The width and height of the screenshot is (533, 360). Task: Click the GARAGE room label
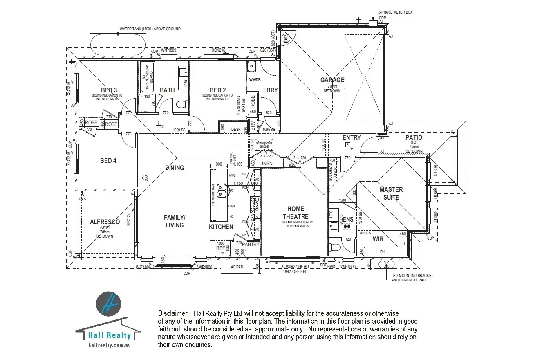pos(332,80)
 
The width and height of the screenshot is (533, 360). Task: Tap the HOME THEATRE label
pos(295,213)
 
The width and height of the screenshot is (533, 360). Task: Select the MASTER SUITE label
pos(391,193)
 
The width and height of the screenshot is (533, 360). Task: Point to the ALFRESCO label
pos(105,222)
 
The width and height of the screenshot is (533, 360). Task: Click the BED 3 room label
pos(109,90)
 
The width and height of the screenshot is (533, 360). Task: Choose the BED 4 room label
pos(108,161)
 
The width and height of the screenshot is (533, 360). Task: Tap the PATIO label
pos(414,138)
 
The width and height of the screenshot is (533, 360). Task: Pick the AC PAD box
pos(237,267)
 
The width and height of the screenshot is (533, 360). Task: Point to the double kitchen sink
pos(222,190)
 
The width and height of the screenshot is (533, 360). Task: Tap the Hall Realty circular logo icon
pos(108,304)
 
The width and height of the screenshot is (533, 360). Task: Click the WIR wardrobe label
pos(378,239)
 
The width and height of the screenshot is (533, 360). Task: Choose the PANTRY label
pos(250,245)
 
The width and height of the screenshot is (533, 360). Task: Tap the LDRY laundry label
pos(270,90)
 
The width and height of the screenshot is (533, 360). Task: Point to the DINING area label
pos(175,168)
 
